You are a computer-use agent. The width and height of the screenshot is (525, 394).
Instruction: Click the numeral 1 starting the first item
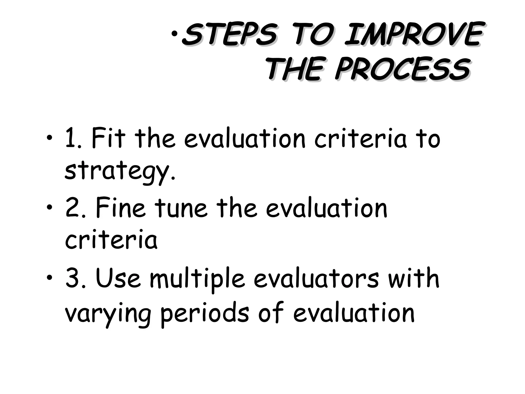[x=70, y=139]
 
